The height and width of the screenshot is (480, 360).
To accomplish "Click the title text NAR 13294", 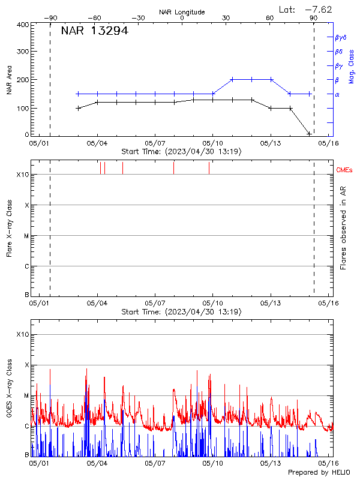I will tap(95, 32).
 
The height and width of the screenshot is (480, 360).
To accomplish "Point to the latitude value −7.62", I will tap(319, 9).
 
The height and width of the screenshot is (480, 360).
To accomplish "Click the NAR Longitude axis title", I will tap(182, 12).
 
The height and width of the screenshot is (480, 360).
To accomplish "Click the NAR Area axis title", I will tap(9, 80).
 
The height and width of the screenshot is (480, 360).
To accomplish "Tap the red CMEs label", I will tap(344, 170).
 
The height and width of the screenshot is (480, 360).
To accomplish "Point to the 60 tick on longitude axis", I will tap(270, 18).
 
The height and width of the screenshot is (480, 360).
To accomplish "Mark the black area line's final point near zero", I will tap(309, 133).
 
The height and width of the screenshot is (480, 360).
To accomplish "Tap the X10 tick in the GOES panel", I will tap(23, 334).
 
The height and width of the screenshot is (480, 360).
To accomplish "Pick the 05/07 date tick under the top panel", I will tap(155, 144).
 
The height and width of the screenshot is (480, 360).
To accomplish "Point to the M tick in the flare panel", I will tap(26, 236).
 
